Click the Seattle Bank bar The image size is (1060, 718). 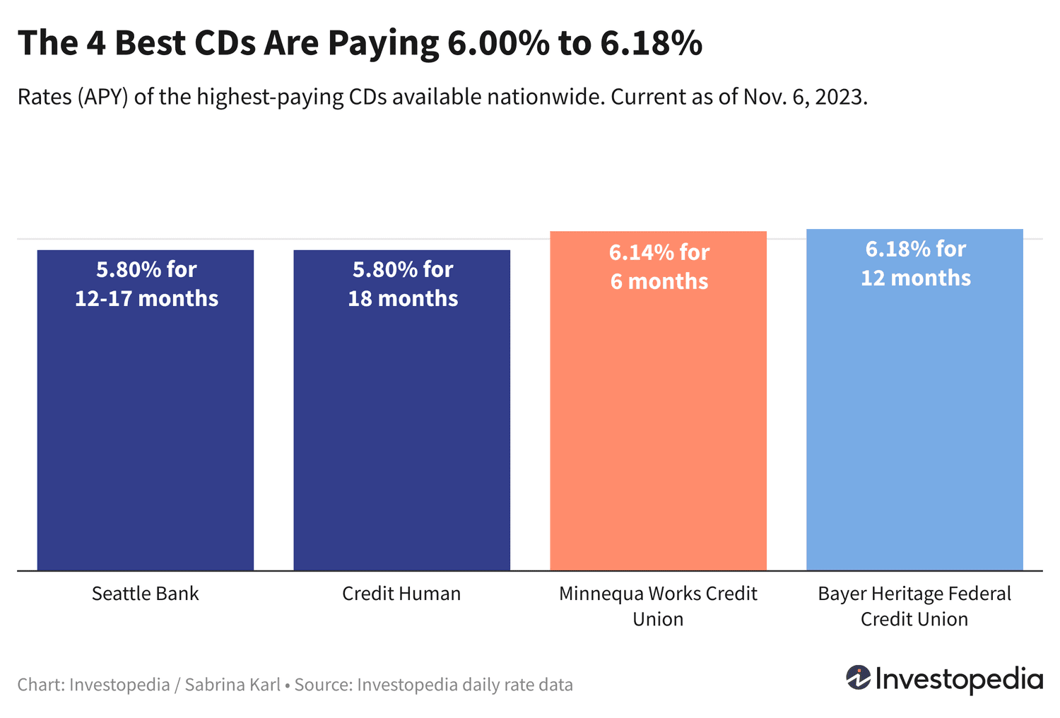[146, 424]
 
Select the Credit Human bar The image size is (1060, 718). [401, 424]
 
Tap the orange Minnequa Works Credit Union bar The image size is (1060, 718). [658, 424]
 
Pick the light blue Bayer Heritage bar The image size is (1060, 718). [914, 424]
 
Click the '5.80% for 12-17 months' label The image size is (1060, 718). [146, 284]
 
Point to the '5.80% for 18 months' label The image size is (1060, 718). [403, 284]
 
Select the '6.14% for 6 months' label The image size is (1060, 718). [659, 267]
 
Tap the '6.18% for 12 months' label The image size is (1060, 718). [915, 264]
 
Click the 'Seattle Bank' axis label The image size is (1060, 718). [146, 594]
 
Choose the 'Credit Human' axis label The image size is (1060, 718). [401, 594]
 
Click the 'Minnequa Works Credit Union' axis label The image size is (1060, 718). [658, 606]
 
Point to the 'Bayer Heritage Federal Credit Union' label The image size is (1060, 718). [914, 606]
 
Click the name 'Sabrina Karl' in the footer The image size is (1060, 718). [232, 685]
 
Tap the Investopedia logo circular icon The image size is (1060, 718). [859, 678]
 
